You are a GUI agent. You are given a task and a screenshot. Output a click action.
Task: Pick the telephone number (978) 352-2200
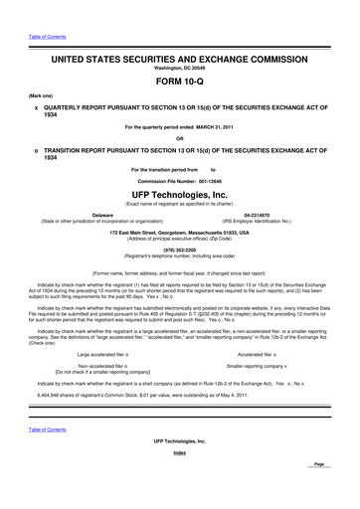click(x=180, y=252)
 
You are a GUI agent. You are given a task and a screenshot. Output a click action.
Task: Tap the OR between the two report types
click(x=180, y=137)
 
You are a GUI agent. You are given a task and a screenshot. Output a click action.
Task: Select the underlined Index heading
click(x=180, y=479)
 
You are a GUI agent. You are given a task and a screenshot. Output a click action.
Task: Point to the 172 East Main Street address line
click(x=180, y=232)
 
